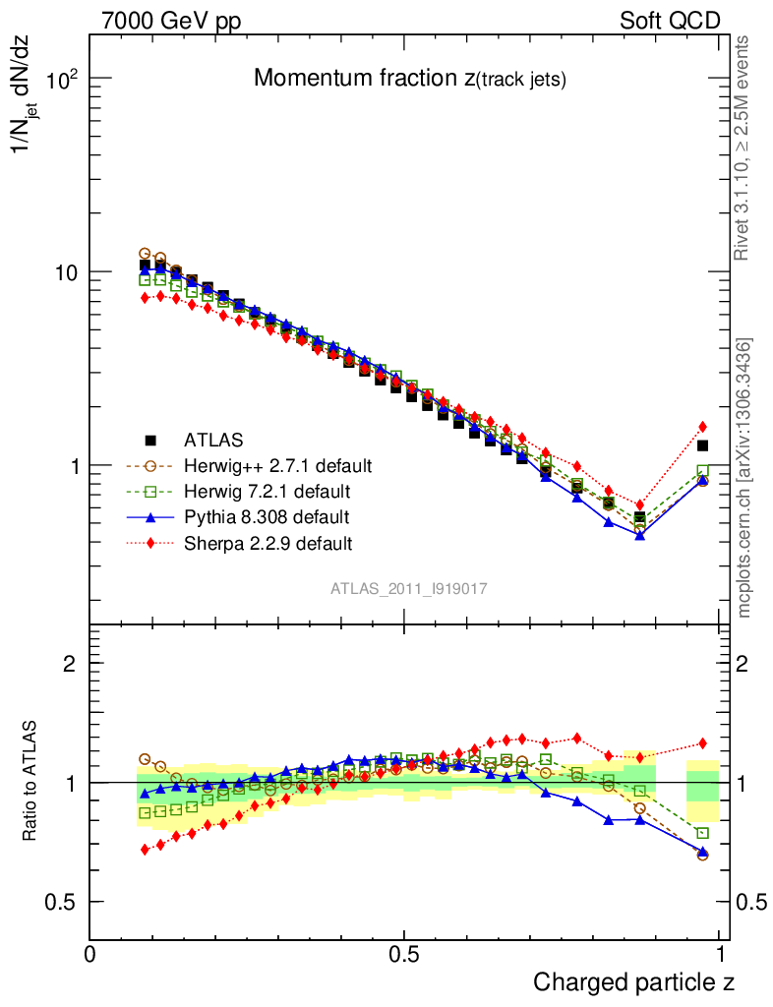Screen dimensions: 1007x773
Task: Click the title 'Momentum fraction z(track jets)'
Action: [x=409, y=80]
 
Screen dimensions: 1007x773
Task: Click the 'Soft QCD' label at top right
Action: [x=670, y=21]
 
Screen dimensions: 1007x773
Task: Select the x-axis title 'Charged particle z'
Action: [x=633, y=981]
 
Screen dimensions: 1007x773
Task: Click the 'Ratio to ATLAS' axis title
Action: [x=30, y=782]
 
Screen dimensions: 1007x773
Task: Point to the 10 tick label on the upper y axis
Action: [x=65, y=272]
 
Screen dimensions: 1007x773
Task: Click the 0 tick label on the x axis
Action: [x=90, y=954]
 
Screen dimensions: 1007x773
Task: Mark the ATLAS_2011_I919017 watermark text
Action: [x=409, y=588]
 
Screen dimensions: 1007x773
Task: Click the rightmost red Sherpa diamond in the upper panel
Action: [x=702, y=427]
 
